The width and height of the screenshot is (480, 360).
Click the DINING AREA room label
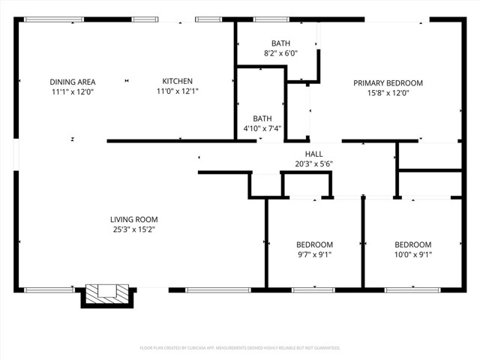pos(72,82)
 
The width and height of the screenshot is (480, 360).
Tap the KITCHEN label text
pos(178,82)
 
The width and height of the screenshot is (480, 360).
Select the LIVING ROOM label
pos(134,220)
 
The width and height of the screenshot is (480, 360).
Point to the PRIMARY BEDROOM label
pos(388,83)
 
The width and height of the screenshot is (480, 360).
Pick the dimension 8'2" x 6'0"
pos(280,53)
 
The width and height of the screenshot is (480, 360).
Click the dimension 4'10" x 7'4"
pos(262,128)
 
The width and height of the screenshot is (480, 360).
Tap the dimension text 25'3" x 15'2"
pos(134,229)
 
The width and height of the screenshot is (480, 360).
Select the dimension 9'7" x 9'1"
pos(313,254)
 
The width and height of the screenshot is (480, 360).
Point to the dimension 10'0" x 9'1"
pos(413,254)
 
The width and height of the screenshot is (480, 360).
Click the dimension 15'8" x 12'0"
pos(388,93)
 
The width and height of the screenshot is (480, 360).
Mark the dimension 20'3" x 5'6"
pos(313,163)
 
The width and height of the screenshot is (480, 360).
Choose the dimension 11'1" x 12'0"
pos(72,91)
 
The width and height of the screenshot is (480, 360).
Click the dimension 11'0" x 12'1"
pos(178,91)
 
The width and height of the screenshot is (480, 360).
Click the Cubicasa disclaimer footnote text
pos(240,348)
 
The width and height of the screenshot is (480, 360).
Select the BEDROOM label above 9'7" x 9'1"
pos(313,244)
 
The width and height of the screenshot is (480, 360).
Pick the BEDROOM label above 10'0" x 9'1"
pos(413,244)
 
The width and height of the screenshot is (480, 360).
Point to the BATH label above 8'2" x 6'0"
pos(280,43)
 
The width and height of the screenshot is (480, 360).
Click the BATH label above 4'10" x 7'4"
pos(262,118)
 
